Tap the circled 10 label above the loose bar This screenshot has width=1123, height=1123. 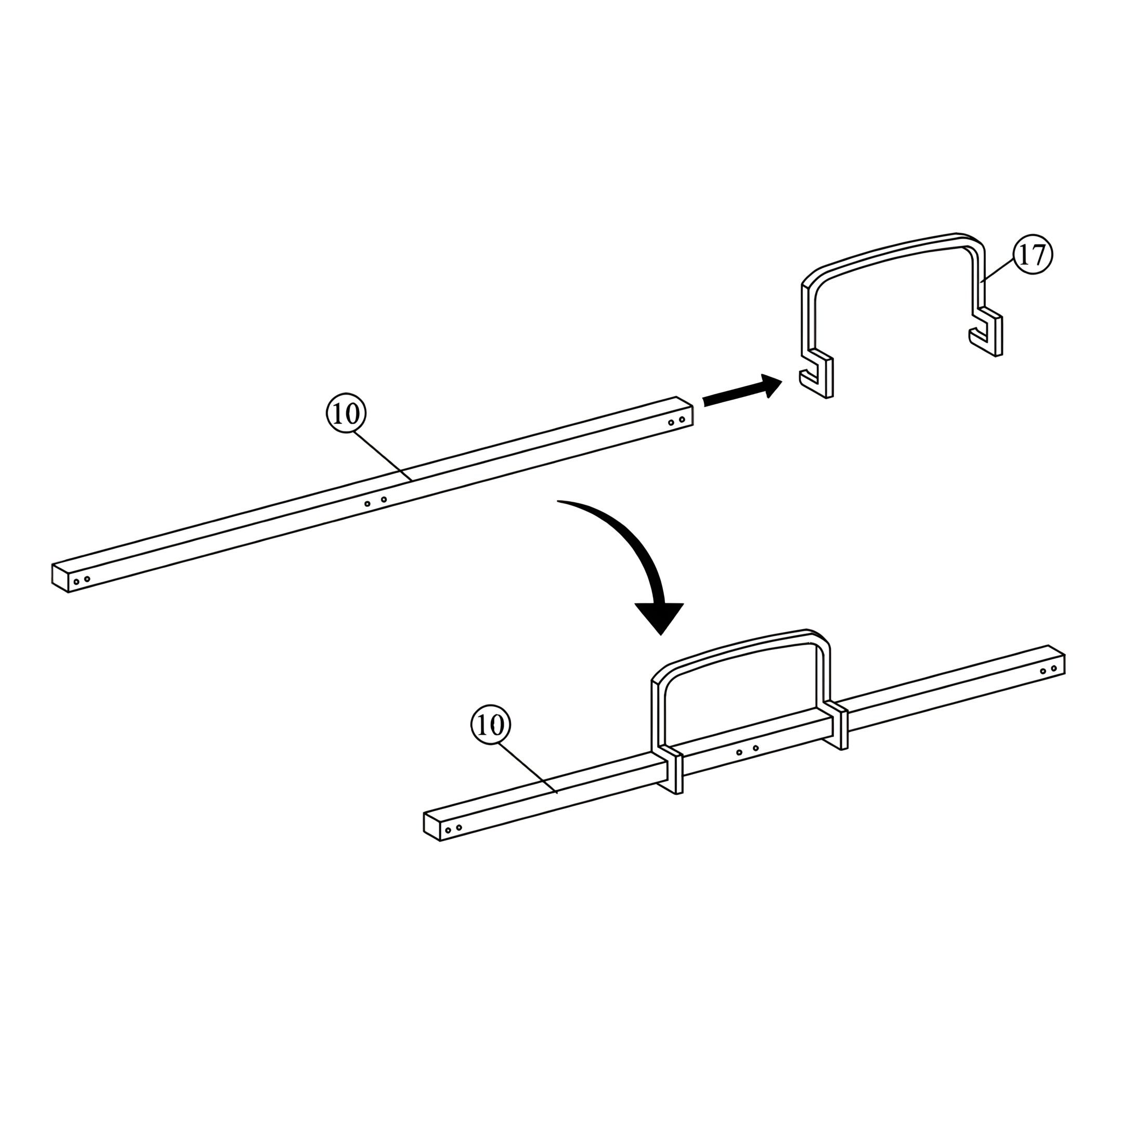pyautogui.click(x=346, y=414)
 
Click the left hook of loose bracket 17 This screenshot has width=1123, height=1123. pyautogui.click(x=817, y=373)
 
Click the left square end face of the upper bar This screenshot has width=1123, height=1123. pyautogui.click(x=60, y=578)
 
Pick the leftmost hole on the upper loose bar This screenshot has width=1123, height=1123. pyautogui.click(x=76, y=582)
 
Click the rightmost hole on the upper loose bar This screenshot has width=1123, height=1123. pyautogui.click(x=682, y=419)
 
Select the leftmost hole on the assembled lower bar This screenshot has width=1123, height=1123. pyautogui.click(x=448, y=830)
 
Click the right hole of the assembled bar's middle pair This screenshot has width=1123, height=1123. pyautogui.click(x=755, y=748)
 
